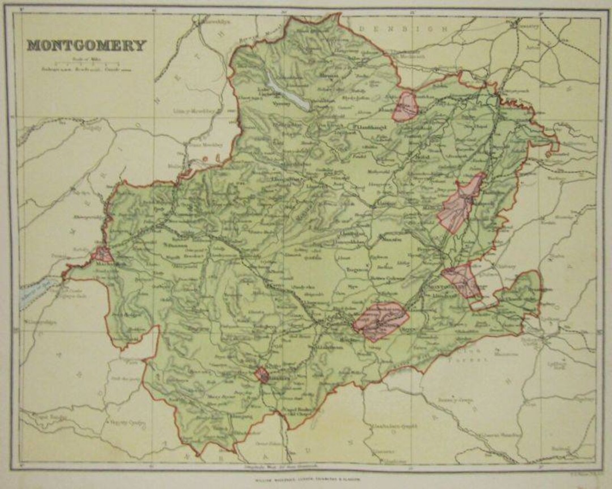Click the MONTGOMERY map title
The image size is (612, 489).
86,45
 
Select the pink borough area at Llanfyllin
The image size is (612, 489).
406,106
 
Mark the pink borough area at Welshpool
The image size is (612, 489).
461,204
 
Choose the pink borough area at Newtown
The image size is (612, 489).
381,320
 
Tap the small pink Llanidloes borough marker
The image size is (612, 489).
262,375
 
